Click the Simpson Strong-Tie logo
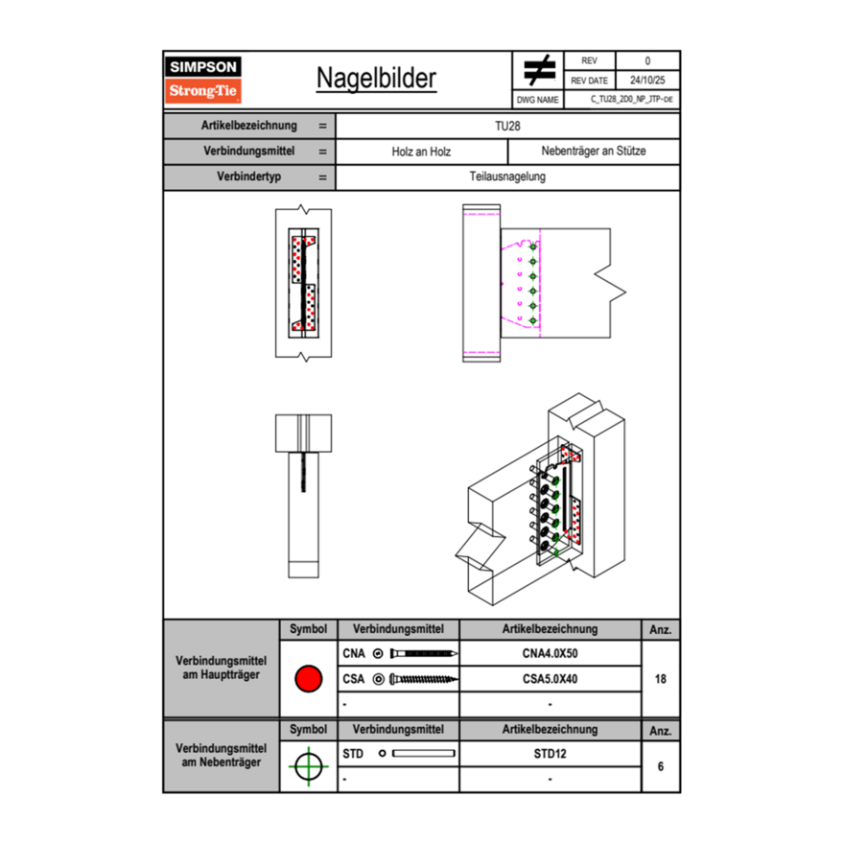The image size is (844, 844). coord(204,80)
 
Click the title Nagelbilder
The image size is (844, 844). coord(376,79)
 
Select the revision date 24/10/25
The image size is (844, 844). coord(647,81)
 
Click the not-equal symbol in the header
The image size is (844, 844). coord(539,71)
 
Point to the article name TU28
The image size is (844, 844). coord(507,126)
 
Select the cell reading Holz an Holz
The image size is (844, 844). coord(421,152)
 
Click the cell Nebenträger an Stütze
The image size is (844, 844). coord(594,152)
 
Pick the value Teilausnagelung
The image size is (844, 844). coord(507,177)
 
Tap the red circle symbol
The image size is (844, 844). coord(307,679)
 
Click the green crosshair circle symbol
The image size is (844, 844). coord(307,766)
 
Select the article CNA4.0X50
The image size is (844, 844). coord(550,654)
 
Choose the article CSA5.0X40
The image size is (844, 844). coord(550,679)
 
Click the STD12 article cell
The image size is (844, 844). coord(550,754)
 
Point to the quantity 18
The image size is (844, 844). coord(661,679)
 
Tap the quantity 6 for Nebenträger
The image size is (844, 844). coord(661,766)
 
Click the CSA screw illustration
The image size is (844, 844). coord(421,679)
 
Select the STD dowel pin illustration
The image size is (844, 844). coord(422,754)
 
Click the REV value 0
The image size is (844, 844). coord(647,61)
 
